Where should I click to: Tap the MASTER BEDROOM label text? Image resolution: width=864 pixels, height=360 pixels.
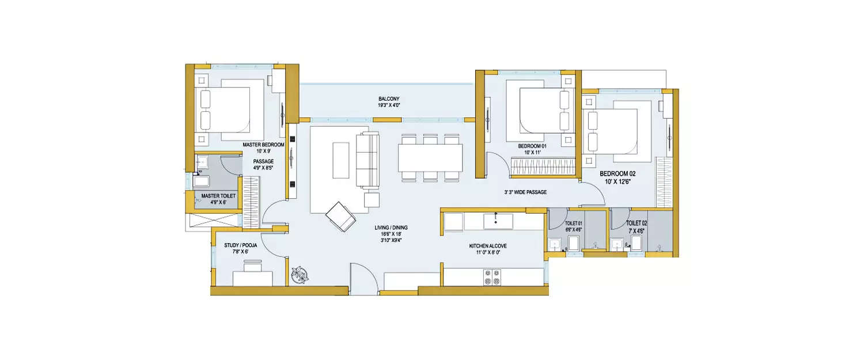coord(263,145)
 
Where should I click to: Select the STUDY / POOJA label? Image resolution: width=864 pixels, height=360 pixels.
coord(241,245)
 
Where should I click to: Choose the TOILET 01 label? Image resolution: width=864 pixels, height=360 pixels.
coord(574,222)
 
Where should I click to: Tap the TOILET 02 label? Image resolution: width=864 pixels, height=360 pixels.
coord(636,222)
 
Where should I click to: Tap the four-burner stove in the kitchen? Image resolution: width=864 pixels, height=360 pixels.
coord(492,276)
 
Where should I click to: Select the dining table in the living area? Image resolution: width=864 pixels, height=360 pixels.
coord(430,157)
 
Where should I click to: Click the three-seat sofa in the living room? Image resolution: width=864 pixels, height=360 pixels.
coord(368,160)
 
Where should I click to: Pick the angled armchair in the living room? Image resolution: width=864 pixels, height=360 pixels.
coord(341,215)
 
